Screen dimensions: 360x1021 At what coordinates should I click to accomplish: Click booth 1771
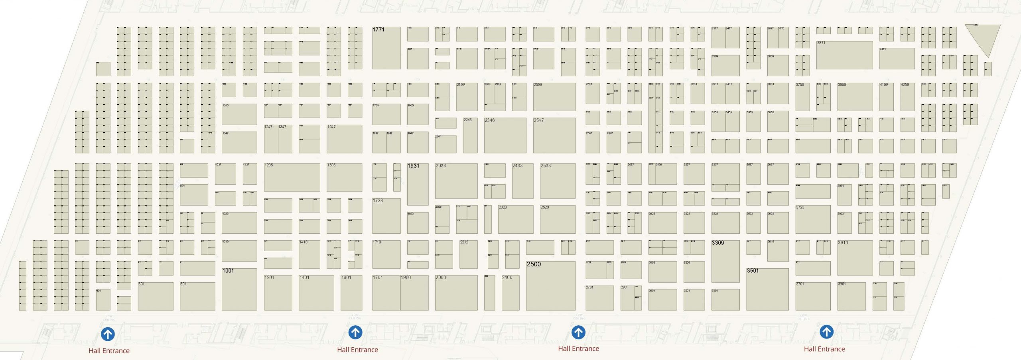(x=386, y=48)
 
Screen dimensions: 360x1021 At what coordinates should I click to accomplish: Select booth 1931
(x=418, y=184)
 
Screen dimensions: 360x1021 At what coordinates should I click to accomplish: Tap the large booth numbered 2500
(x=550, y=285)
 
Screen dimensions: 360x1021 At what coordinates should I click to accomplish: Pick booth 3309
(x=725, y=261)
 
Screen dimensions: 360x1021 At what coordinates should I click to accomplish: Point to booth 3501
(x=767, y=289)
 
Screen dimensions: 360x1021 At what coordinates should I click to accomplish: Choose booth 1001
(x=239, y=289)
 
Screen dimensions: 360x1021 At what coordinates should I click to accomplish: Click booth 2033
(x=456, y=181)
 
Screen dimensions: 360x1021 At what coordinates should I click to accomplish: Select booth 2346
(x=505, y=135)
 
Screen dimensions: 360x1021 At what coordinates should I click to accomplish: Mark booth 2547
(x=554, y=135)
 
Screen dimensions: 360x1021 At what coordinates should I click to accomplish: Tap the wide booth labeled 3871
(x=844, y=55)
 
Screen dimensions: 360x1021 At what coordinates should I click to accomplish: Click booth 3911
(x=855, y=258)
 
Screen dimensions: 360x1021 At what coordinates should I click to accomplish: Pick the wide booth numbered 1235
(x=292, y=177)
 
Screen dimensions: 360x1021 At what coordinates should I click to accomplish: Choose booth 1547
(x=344, y=139)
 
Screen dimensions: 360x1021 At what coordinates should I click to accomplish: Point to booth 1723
(x=386, y=216)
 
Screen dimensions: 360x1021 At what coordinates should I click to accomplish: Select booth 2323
(x=515, y=219)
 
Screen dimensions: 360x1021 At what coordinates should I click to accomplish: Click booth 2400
(x=510, y=293)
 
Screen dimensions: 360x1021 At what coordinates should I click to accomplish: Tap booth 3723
(x=813, y=219)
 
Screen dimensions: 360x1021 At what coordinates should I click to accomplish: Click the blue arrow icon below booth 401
(x=108, y=334)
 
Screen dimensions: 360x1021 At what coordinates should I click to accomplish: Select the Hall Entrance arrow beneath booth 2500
(x=578, y=332)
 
